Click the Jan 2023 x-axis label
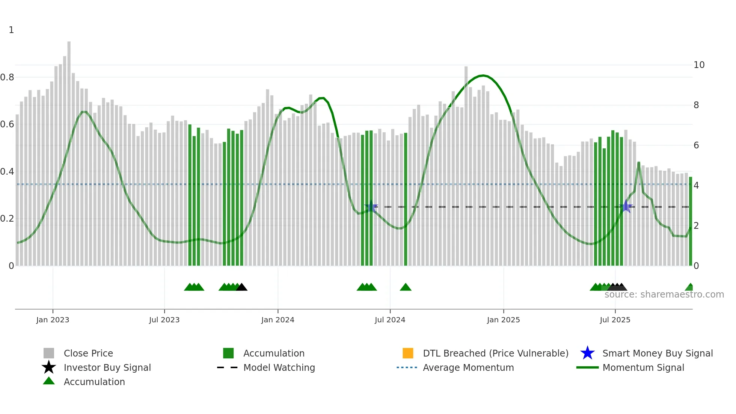[53, 320]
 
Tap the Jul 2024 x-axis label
[390, 320]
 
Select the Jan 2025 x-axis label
[503, 320]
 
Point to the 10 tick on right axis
[699, 65]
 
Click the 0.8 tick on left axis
[7, 77]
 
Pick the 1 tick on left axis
[11, 30]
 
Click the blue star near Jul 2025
[626, 207]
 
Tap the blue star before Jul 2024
[371, 207]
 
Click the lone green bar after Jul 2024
[406, 199]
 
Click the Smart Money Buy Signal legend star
[587, 353]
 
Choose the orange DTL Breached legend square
[408, 353]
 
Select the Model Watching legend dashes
[228, 367]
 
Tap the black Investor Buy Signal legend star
[49, 367]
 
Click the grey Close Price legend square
[49, 353]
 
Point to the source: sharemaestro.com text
[664, 295]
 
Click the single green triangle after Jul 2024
[406, 287]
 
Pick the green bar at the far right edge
[690, 222]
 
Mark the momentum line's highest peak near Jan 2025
[483, 76]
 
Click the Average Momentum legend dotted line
[407, 367]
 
